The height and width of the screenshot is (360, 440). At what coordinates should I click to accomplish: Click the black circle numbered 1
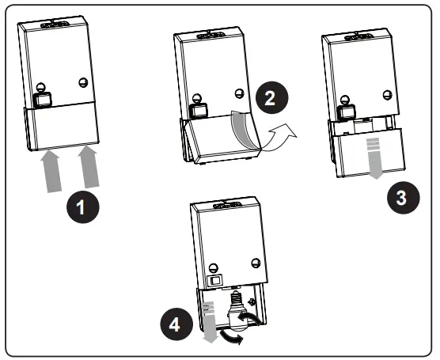(83, 207)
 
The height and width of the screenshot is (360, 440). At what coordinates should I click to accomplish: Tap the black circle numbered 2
(272, 97)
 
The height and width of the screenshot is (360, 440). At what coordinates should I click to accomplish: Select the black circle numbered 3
(404, 197)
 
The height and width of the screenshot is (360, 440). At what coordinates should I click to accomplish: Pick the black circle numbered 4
(176, 324)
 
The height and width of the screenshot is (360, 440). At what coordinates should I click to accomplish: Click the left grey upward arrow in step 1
(51, 172)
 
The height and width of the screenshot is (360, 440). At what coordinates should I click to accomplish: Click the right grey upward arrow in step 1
(89, 167)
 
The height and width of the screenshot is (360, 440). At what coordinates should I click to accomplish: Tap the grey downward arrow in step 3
(374, 158)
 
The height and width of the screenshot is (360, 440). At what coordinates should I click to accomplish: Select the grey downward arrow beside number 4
(210, 323)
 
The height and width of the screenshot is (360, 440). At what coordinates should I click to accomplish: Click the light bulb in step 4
(236, 312)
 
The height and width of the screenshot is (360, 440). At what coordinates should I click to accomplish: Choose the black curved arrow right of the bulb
(250, 319)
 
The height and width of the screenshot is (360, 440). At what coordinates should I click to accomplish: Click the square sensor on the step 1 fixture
(43, 100)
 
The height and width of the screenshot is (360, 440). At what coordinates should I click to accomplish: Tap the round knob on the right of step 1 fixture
(83, 82)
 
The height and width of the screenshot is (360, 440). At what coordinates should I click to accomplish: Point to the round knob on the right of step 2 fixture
(240, 93)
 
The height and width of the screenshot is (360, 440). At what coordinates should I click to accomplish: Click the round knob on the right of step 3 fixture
(388, 95)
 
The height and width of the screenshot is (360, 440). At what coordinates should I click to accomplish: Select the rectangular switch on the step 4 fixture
(215, 280)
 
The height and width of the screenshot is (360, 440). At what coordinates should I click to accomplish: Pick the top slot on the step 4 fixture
(227, 206)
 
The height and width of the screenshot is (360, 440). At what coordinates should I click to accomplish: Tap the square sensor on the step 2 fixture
(199, 111)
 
